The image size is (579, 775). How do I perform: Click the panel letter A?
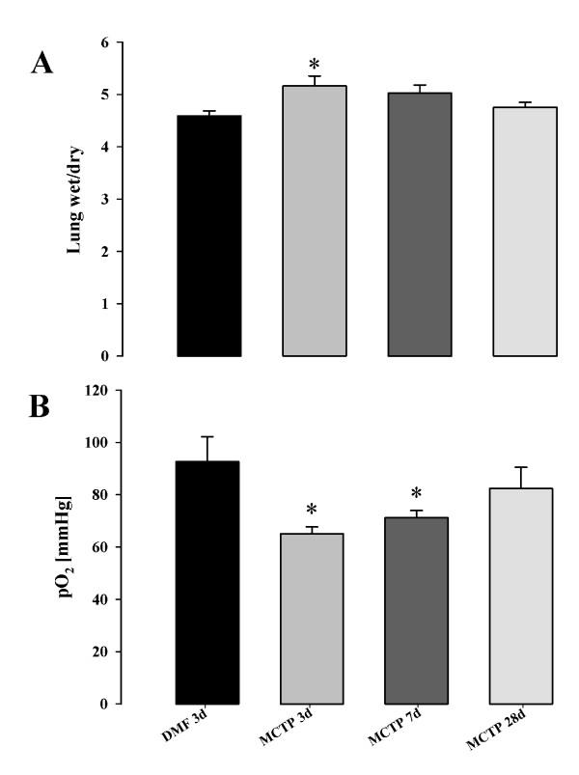coord(42,64)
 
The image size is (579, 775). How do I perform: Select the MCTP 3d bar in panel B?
coord(314,618)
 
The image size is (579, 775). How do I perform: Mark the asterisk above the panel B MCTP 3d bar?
coord(314,510)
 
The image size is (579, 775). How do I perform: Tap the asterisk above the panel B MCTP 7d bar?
coord(419,494)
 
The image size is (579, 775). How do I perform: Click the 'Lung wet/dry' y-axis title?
coord(74,200)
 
